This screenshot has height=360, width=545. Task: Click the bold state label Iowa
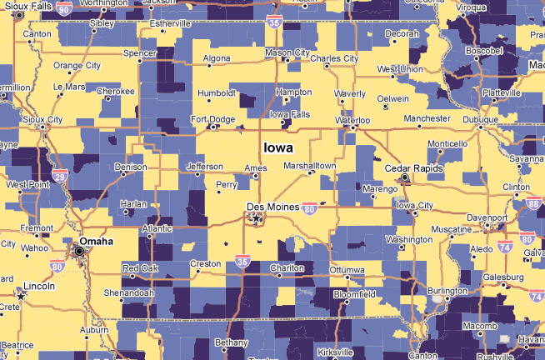[277, 147]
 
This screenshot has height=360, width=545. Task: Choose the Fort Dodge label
[212, 119]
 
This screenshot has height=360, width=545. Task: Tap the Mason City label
[286, 53]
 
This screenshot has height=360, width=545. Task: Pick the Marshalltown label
[309, 166]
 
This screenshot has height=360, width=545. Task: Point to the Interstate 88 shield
[533, 203]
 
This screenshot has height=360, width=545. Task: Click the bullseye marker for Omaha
[80, 251]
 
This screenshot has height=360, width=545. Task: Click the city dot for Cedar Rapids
[405, 178]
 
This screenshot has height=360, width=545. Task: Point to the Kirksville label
[335, 352]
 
